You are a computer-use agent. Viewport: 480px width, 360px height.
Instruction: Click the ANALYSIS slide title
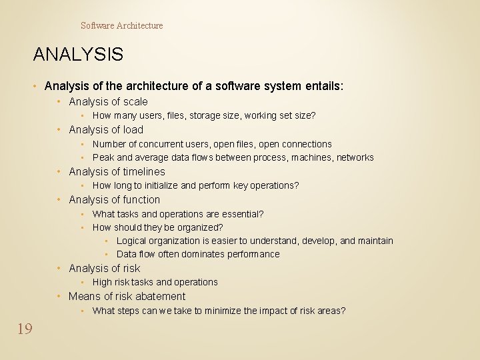pyautogui.click(x=78, y=54)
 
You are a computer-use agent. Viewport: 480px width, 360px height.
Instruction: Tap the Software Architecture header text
pyautogui.click(x=121, y=25)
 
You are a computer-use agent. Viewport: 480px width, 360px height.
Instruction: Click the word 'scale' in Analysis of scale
pyautogui.click(x=135, y=101)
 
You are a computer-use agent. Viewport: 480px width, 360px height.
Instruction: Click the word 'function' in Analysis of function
pyautogui.click(x=141, y=199)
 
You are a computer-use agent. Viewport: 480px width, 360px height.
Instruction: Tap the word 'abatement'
pyautogui.click(x=159, y=296)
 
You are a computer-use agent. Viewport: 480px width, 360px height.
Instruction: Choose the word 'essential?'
pyautogui.click(x=241, y=214)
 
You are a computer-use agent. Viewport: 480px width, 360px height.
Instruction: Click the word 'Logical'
pyautogui.click(x=131, y=241)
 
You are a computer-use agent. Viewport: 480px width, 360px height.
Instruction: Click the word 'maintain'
pyautogui.click(x=375, y=241)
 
